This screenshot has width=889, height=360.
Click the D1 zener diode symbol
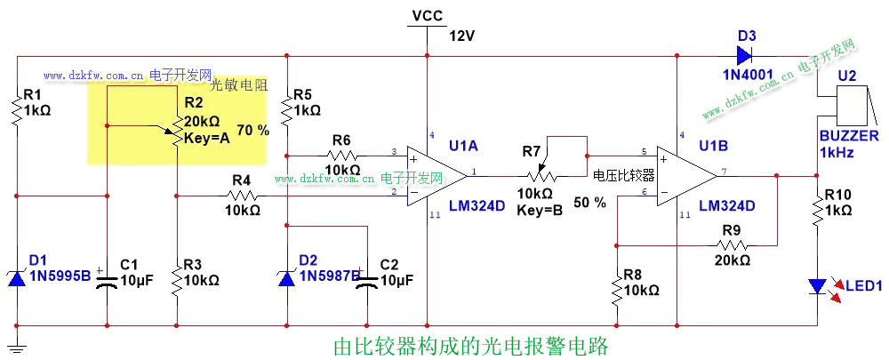click(x=17, y=277)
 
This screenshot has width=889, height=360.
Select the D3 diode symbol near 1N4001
click(x=746, y=56)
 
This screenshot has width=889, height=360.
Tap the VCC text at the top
click(x=428, y=15)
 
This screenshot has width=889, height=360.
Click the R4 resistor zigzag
click(x=241, y=195)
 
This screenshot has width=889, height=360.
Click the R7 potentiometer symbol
click(x=536, y=173)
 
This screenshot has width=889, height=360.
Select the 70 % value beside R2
click(x=252, y=131)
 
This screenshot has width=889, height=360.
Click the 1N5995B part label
click(x=60, y=276)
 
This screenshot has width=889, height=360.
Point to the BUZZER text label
click(x=849, y=136)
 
